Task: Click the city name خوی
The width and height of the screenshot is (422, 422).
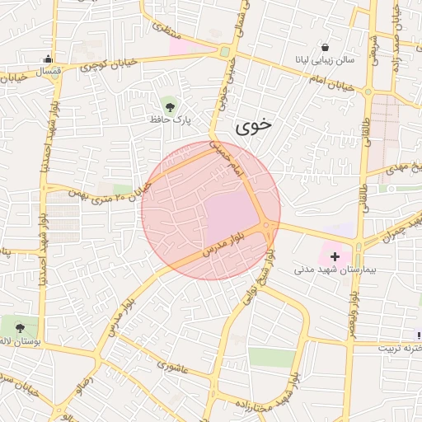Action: tap(252, 126)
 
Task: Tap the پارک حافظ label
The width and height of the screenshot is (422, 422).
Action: tap(170, 120)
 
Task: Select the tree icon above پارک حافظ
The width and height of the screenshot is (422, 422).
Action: tap(170, 105)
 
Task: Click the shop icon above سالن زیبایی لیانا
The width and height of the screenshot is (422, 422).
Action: tap(326, 47)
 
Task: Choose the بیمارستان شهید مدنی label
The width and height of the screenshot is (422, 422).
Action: tap(335, 270)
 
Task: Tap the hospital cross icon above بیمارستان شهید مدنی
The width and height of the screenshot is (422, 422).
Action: tap(335, 256)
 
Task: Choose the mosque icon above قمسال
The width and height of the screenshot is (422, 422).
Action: tap(48, 59)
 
